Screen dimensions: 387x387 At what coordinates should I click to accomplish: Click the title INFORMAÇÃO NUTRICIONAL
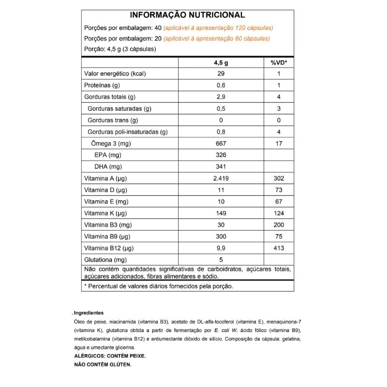pos(187,15)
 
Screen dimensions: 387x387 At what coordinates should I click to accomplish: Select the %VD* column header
pos(279,62)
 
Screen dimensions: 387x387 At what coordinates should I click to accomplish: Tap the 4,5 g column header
pos(221,62)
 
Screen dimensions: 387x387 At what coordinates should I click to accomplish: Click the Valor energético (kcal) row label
pos(115,74)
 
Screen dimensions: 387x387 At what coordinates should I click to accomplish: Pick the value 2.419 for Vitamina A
pos(221,179)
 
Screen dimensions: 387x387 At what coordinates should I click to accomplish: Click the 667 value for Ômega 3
pos(221,144)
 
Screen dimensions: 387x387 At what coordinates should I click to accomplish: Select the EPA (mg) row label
pos(108,155)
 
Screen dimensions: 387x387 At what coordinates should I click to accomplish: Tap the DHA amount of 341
pos(221,167)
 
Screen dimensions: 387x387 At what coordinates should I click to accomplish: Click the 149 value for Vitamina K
pos(221,213)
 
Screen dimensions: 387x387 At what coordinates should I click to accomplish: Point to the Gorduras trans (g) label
pos(113,120)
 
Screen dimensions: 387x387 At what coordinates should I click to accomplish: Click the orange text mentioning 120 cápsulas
pos(219,28)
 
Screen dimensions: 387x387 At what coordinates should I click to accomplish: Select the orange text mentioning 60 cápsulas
pos(217,39)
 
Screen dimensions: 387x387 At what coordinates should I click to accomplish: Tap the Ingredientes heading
pos(89,313)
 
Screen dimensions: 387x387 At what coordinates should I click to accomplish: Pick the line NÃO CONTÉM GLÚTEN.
pos(103,365)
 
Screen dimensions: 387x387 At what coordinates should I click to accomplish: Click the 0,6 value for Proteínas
pos(221,86)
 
